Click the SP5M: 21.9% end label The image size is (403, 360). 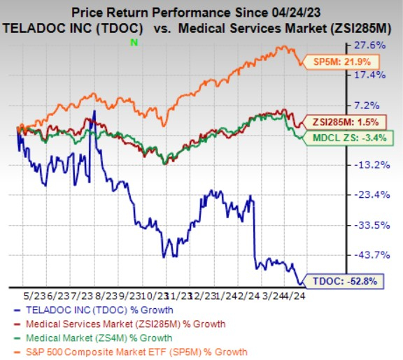(x=334, y=62)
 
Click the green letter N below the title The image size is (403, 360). (x=134, y=43)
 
